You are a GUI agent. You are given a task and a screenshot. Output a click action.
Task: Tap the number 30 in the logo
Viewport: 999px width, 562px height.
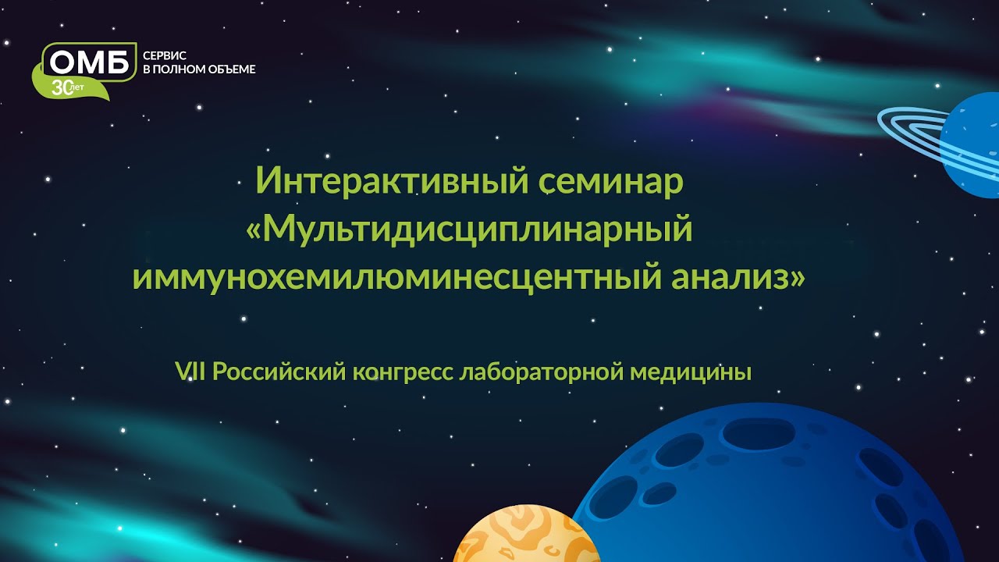[61, 88]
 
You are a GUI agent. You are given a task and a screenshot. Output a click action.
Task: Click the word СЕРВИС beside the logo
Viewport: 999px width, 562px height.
[165, 56]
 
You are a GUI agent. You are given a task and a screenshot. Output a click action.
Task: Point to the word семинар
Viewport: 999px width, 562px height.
[611, 182]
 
